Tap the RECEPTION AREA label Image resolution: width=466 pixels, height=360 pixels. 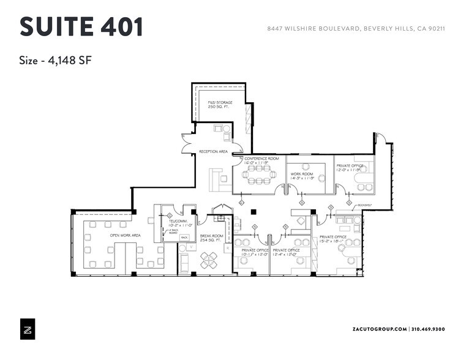[213, 151]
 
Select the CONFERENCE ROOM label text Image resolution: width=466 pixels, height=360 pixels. [261, 159]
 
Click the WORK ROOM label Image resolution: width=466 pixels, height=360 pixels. [302, 174]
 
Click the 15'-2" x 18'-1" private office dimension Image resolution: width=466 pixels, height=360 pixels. [333, 241]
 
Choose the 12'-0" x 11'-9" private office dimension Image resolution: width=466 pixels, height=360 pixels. [350, 170]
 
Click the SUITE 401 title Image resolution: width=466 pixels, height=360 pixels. [81, 28]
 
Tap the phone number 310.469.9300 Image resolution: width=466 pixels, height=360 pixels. [428, 329]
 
